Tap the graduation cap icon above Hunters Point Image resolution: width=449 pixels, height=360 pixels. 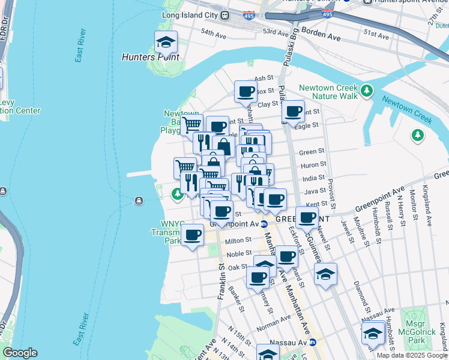(x=166, y=42)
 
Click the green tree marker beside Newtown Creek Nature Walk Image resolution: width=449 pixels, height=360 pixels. (x=367, y=91)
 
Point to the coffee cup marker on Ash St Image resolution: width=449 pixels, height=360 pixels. (x=246, y=92)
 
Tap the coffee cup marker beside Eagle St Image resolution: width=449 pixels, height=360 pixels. (x=293, y=112)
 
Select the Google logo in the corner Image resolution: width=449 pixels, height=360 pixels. (x=20, y=353)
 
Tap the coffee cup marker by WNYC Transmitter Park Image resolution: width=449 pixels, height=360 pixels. (x=192, y=235)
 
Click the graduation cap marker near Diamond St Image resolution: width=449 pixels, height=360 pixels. (x=325, y=274)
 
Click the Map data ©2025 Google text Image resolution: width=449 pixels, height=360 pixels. (x=412, y=355)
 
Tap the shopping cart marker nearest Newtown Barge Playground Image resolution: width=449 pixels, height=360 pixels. (x=192, y=125)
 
